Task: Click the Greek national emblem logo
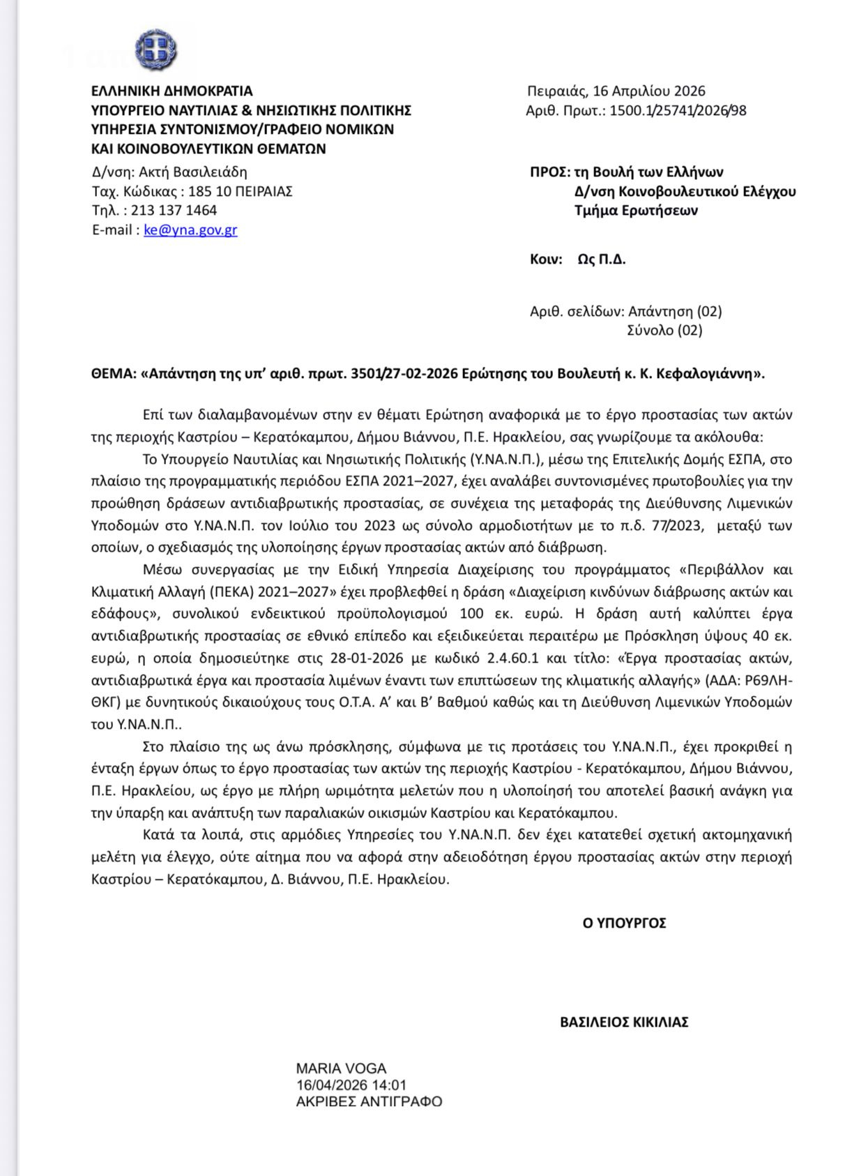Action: pyautogui.click(x=155, y=50)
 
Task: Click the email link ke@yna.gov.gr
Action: pyautogui.click(x=190, y=230)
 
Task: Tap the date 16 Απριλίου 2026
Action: pyautogui.click(x=648, y=91)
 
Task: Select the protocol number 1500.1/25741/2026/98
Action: pyautogui.click(x=678, y=111)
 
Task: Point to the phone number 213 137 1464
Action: pyautogui.click(x=174, y=211)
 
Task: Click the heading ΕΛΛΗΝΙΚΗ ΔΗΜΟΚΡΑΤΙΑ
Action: pyautogui.click(x=172, y=91)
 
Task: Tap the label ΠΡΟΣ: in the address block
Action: pyautogui.click(x=550, y=172)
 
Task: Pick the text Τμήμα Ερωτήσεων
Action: pyautogui.click(x=636, y=211)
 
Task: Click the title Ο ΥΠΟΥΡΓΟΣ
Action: pyautogui.click(x=624, y=924)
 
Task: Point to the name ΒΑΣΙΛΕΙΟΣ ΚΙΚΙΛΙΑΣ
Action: pyautogui.click(x=624, y=1023)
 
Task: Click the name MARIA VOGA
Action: pyautogui.click(x=341, y=1069)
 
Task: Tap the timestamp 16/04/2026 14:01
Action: pyautogui.click(x=351, y=1085)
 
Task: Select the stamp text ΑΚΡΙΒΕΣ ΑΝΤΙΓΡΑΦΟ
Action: pyautogui.click(x=369, y=1102)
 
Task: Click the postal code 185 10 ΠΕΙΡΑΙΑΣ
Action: pyautogui.click(x=241, y=192)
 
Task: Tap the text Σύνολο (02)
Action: pyautogui.click(x=664, y=331)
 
